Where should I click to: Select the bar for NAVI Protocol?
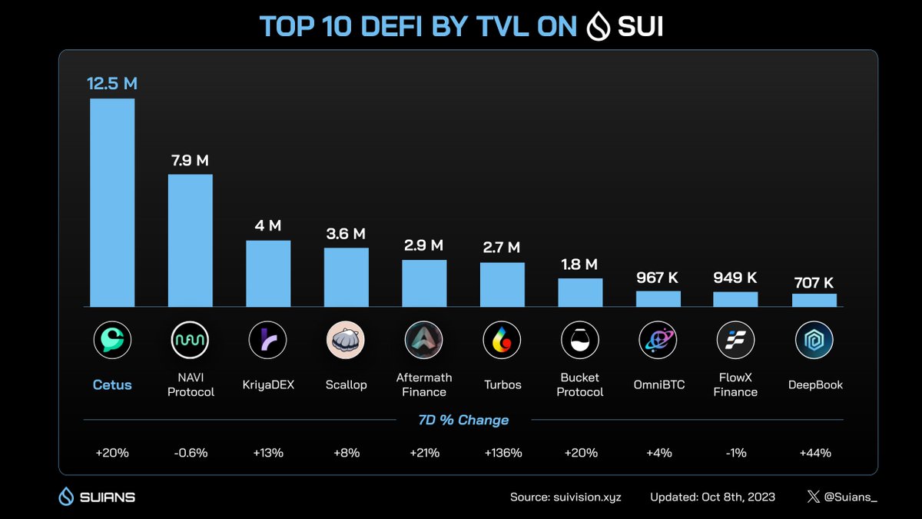(x=191, y=241)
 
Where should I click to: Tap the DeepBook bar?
(x=814, y=300)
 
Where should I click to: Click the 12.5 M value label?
(x=112, y=84)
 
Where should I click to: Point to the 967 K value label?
(x=658, y=278)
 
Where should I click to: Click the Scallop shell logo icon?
(x=346, y=338)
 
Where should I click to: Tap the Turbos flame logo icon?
(x=502, y=338)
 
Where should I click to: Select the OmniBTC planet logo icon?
(x=658, y=338)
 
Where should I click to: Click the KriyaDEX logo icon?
(x=268, y=338)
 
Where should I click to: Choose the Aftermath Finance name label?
(x=424, y=384)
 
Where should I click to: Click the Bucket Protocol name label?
(x=580, y=384)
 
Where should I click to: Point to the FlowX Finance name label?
(x=735, y=384)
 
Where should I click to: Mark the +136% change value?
(x=502, y=453)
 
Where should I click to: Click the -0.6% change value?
(x=191, y=453)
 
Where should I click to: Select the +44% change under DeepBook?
(x=814, y=453)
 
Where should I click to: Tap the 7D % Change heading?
(x=463, y=420)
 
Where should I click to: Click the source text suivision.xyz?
(x=565, y=497)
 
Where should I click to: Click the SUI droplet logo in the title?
(x=598, y=27)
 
